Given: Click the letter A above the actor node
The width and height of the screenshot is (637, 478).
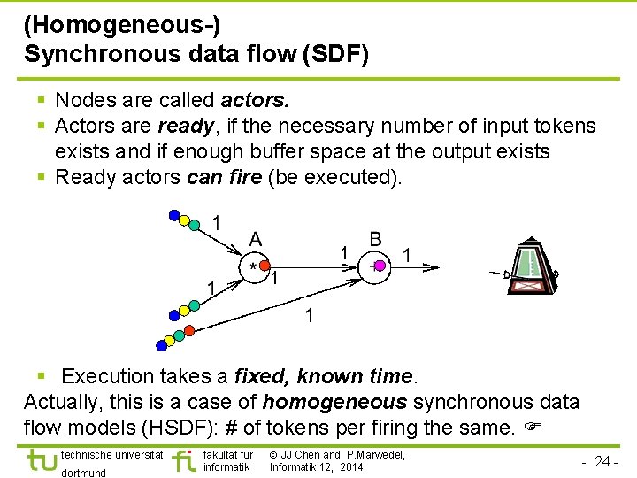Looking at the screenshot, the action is (x=255, y=239).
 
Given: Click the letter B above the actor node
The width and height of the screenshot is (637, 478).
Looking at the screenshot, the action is (x=376, y=239).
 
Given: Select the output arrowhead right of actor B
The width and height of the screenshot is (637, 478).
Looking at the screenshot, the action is (x=433, y=266).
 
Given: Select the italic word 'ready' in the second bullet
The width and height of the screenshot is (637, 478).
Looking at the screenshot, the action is (x=183, y=127).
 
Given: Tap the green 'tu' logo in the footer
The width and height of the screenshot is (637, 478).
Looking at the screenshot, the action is (x=41, y=461).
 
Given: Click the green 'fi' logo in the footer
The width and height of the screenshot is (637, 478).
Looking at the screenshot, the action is (x=185, y=460).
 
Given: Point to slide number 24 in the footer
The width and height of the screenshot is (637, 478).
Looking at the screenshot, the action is (x=602, y=461).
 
